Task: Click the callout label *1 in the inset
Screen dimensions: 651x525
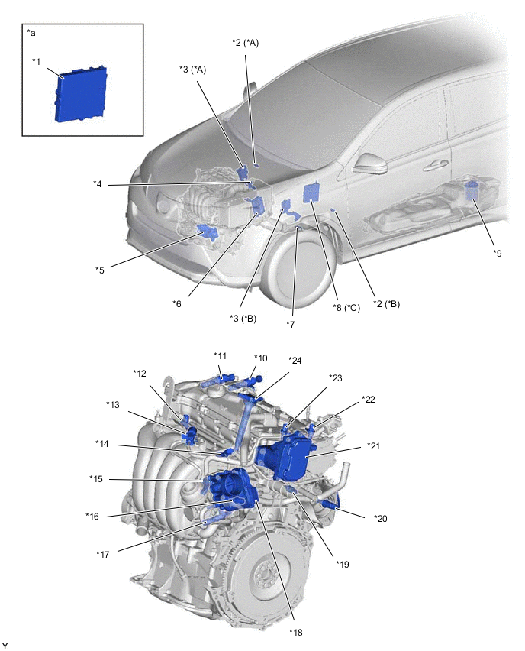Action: (x=37, y=60)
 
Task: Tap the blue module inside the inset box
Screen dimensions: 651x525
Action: (x=80, y=93)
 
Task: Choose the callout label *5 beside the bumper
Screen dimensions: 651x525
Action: (x=100, y=269)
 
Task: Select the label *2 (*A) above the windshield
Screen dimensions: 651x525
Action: (x=246, y=43)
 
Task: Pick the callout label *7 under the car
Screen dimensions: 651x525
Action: (x=290, y=324)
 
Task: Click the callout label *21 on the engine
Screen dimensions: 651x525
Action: (x=374, y=445)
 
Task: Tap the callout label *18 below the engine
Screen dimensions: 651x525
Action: (x=296, y=631)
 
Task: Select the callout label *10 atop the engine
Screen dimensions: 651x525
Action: (x=261, y=358)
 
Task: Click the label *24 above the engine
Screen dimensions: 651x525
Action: (x=295, y=361)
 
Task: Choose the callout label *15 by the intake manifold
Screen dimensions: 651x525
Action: (x=96, y=479)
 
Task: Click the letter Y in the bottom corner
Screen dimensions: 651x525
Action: (x=5, y=646)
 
